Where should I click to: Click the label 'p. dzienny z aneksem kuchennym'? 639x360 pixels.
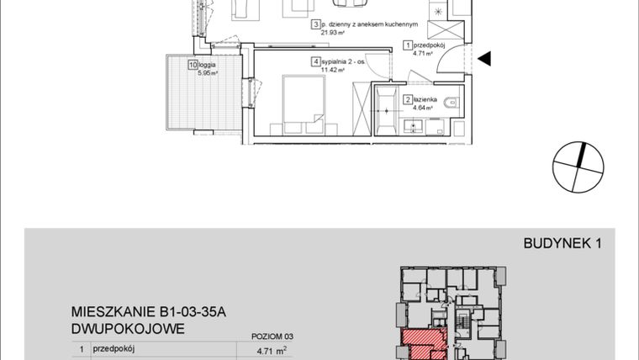click(x=362, y=25)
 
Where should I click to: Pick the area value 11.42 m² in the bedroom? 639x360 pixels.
click(x=334, y=71)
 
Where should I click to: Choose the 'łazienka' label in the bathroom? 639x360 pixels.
click(x=425, y=99)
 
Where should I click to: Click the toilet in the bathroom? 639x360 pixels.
click(x=454, y=103)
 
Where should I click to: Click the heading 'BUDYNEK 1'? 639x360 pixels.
click(x=563, y=245)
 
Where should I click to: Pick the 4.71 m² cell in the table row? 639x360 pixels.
click(x=270, y=352)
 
